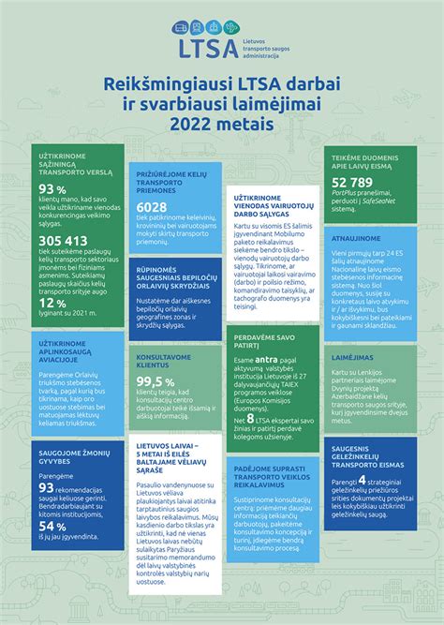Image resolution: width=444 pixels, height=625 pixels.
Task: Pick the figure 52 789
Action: pos(351,182)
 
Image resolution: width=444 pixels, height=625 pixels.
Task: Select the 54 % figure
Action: pos(52,526)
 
